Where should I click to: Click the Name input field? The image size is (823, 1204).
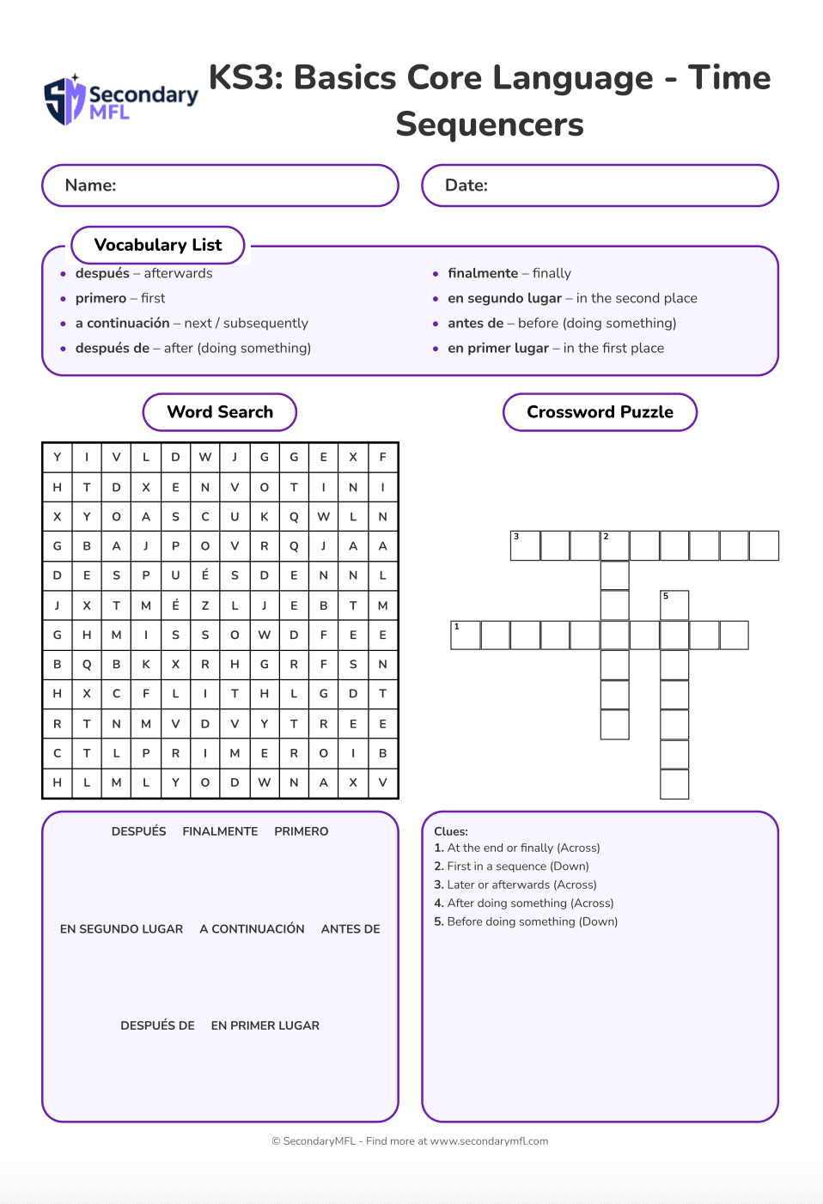coord(220,185)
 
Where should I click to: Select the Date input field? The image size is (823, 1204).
coord(600,185)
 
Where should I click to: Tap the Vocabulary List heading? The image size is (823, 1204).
coord(158,245)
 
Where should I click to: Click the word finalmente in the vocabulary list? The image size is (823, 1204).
coord(483,273)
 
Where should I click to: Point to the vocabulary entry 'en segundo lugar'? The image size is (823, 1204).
coord(504,298)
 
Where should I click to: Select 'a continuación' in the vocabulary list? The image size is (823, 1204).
coord(122,323)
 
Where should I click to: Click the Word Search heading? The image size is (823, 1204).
coord(220,412)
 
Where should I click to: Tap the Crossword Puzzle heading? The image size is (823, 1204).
coord(600,412)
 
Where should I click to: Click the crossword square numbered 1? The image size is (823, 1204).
coord(466,635)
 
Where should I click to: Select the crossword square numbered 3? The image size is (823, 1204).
coord(525,546)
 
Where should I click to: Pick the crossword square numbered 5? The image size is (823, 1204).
coord(674,605)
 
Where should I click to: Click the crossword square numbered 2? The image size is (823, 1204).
coord(614,546)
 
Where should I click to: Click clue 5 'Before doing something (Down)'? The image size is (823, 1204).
coord(526,921)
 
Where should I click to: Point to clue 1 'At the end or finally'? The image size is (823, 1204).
coord(517,848)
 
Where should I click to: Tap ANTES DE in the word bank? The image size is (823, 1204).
coord(351,928)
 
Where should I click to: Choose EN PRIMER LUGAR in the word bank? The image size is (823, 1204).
coord(265,1025)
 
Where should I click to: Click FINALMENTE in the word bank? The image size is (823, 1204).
coord(220,831)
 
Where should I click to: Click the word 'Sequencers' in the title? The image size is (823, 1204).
coord(490,125)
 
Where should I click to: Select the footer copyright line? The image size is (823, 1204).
coord(410,1141)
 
